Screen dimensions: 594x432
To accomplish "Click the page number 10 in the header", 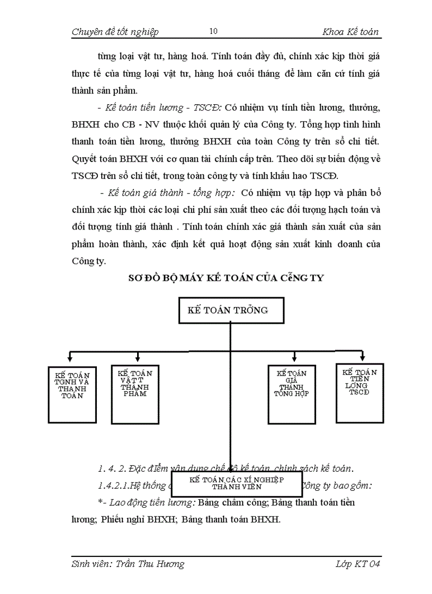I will point(213,31).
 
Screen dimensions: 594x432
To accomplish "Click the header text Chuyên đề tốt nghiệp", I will point(115,32).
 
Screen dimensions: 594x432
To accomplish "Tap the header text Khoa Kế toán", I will point(350,32).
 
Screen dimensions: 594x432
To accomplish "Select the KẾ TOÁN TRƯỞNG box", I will point(230,310).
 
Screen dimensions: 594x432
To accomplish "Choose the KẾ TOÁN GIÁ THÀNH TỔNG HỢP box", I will point(291,394).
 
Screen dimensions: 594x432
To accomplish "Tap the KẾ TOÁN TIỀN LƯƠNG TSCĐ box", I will point(359,392).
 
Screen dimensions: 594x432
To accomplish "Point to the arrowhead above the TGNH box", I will point(71,357).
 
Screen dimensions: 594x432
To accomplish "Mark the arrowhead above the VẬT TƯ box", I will point(137,357).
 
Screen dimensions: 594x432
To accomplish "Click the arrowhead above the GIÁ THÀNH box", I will point(293,357).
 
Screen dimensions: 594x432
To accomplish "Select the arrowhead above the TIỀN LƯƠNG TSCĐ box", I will point(362,356).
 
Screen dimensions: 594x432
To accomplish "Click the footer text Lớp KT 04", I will point(358,564).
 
